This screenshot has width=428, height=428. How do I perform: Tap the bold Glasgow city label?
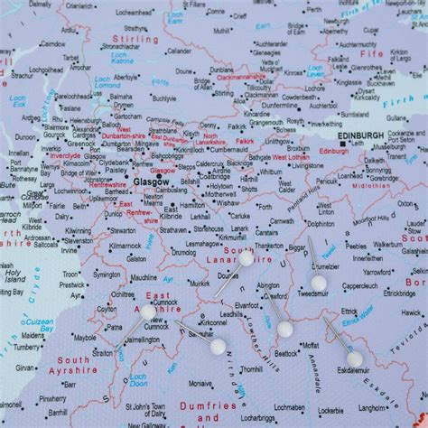150,181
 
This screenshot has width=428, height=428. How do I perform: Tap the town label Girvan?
27,368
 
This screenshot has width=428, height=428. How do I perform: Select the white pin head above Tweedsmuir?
319,283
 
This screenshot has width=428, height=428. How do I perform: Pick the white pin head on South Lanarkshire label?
246,259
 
